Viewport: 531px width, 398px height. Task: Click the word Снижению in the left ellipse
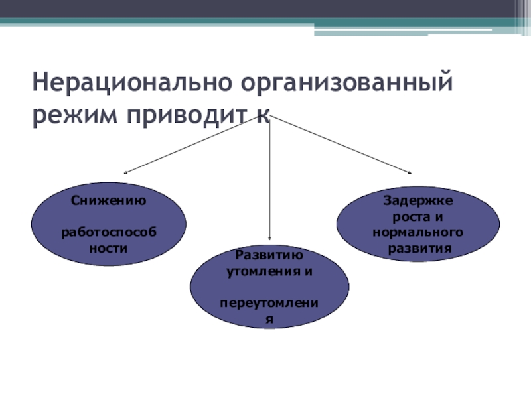click(x=108, y=200)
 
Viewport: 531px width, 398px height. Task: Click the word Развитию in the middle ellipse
click(x=269, y=255)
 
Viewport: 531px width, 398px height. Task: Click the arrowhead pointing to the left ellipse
click(x=127, y=172)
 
